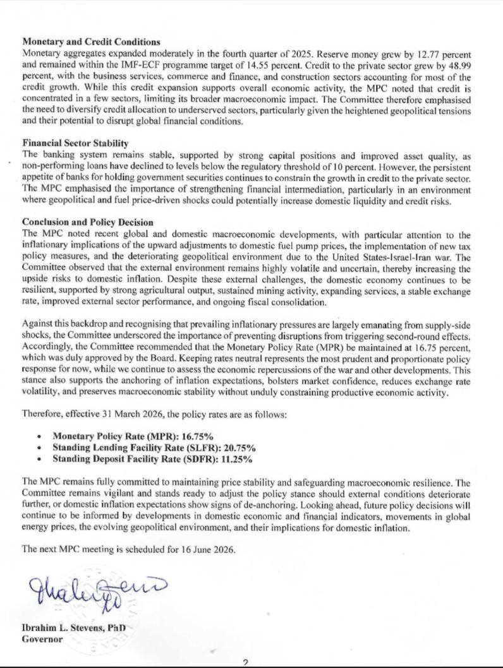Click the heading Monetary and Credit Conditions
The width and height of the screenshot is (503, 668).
pos(91,42)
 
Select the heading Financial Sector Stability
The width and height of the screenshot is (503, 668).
pos(75,143)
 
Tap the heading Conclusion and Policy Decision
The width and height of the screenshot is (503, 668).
pos(87,223)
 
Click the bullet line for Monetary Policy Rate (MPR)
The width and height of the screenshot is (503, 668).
pos(133,436)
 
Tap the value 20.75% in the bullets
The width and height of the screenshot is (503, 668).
pos(229,448)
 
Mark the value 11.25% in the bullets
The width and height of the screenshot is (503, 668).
pos(236,459)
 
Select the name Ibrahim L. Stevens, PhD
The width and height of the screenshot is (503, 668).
pos(74,629)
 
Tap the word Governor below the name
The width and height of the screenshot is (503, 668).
pos(42,640)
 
